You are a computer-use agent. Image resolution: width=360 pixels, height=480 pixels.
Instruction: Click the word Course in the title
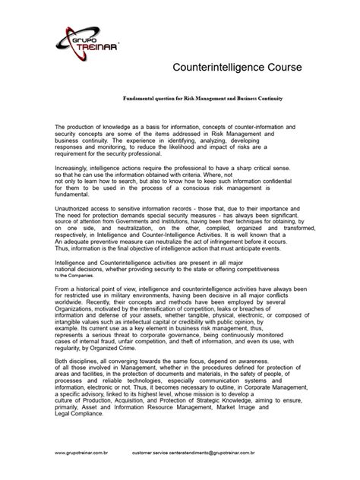click(277, 67)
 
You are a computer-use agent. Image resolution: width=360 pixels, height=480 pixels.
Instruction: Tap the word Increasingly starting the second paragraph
click(75, 162)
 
